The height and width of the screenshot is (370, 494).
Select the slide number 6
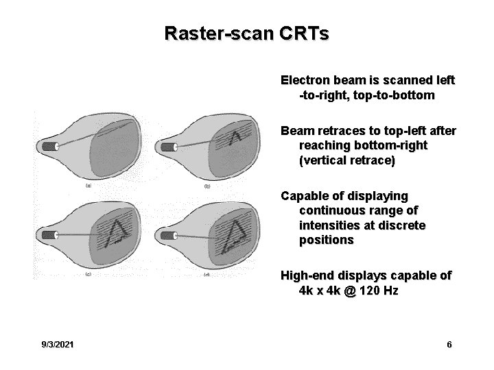tap(449, 344)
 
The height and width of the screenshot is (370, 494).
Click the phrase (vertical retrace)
tap(347, 160)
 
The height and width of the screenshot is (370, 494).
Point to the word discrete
tap(403, 225)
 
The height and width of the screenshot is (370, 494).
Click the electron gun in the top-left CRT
tap(51, 146)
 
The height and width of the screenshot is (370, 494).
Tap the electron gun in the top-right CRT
tap(167, 147)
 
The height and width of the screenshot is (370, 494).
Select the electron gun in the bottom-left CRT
tap(51, 235)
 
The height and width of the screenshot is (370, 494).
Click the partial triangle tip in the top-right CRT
tap(236, 140)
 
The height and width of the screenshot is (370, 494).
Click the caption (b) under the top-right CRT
tap(207, 187)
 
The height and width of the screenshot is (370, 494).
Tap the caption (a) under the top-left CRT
tap(88, 186)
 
